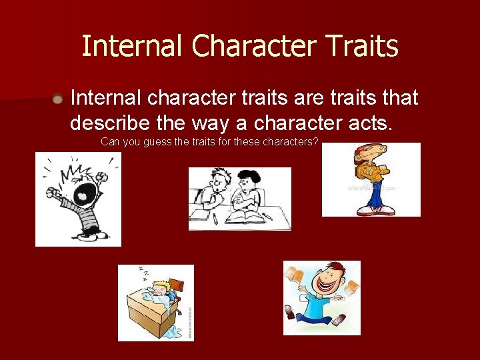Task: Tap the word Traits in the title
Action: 363,47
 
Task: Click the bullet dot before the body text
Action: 59,99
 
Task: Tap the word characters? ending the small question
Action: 291,142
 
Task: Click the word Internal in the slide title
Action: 132,47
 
